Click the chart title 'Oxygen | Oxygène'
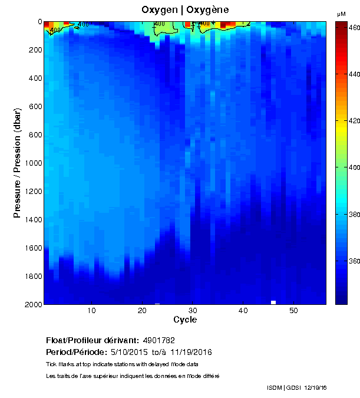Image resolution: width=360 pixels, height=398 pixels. [x=185, y=9]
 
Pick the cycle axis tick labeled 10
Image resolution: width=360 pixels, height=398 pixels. [x=92, y=311]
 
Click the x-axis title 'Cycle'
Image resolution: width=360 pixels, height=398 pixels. [x=185, y=320]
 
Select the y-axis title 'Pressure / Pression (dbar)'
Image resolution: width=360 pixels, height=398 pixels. [x=18, y=163]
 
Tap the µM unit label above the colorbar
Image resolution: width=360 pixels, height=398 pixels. [x=341, y=14]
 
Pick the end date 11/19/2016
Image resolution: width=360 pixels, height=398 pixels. [x=191, y=352]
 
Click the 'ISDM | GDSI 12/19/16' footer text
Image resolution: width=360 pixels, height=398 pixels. [x=296, y=387]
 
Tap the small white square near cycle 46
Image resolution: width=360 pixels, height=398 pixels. [x=273, y=302]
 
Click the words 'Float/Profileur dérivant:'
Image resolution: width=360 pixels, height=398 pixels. [x=93, y=340]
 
